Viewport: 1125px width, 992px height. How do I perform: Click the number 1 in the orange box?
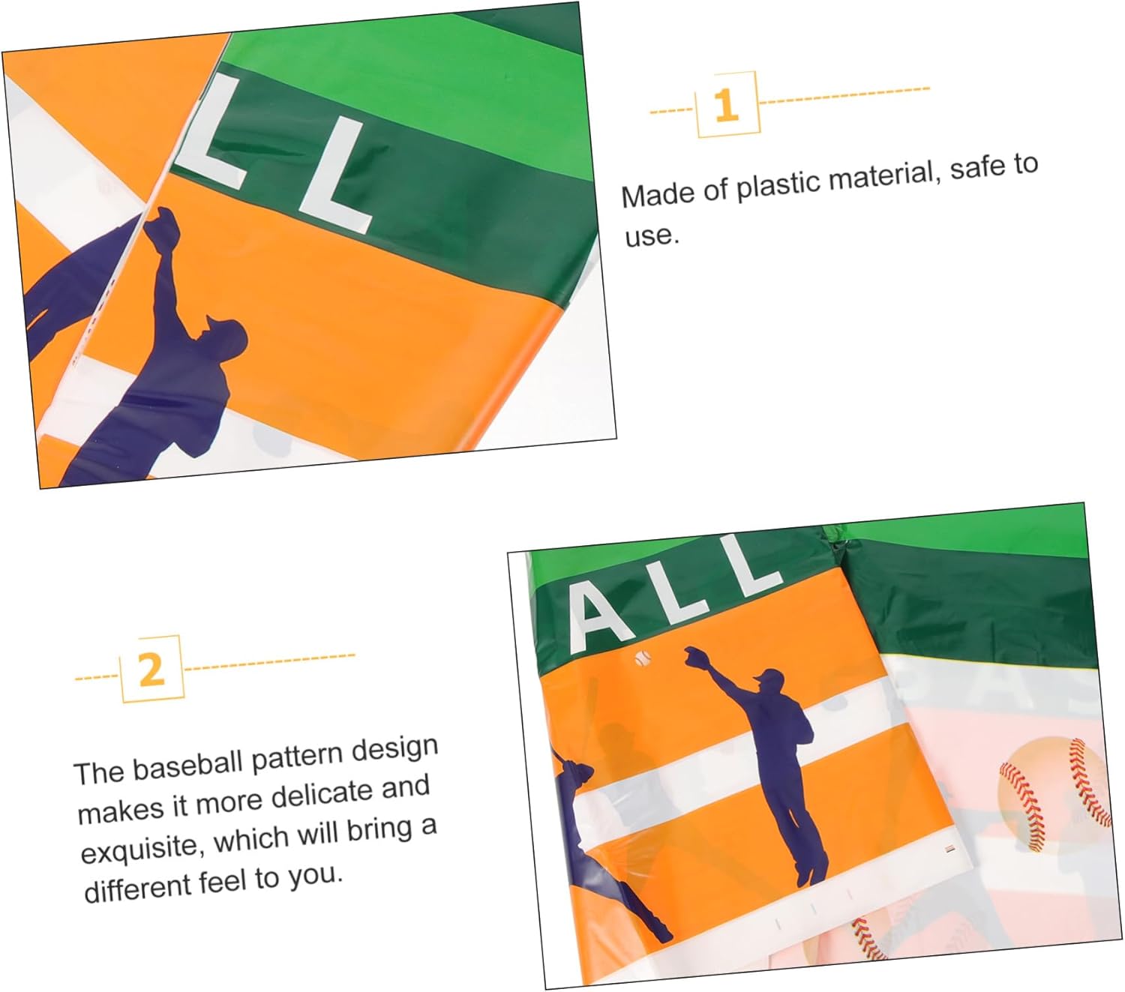726,105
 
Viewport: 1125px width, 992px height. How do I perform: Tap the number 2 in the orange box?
151,670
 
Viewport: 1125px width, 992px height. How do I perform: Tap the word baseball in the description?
190,766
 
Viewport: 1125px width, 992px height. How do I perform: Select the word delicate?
322,796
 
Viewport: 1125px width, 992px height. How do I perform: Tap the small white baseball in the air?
643,659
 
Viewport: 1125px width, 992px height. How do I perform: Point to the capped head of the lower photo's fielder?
770,682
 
